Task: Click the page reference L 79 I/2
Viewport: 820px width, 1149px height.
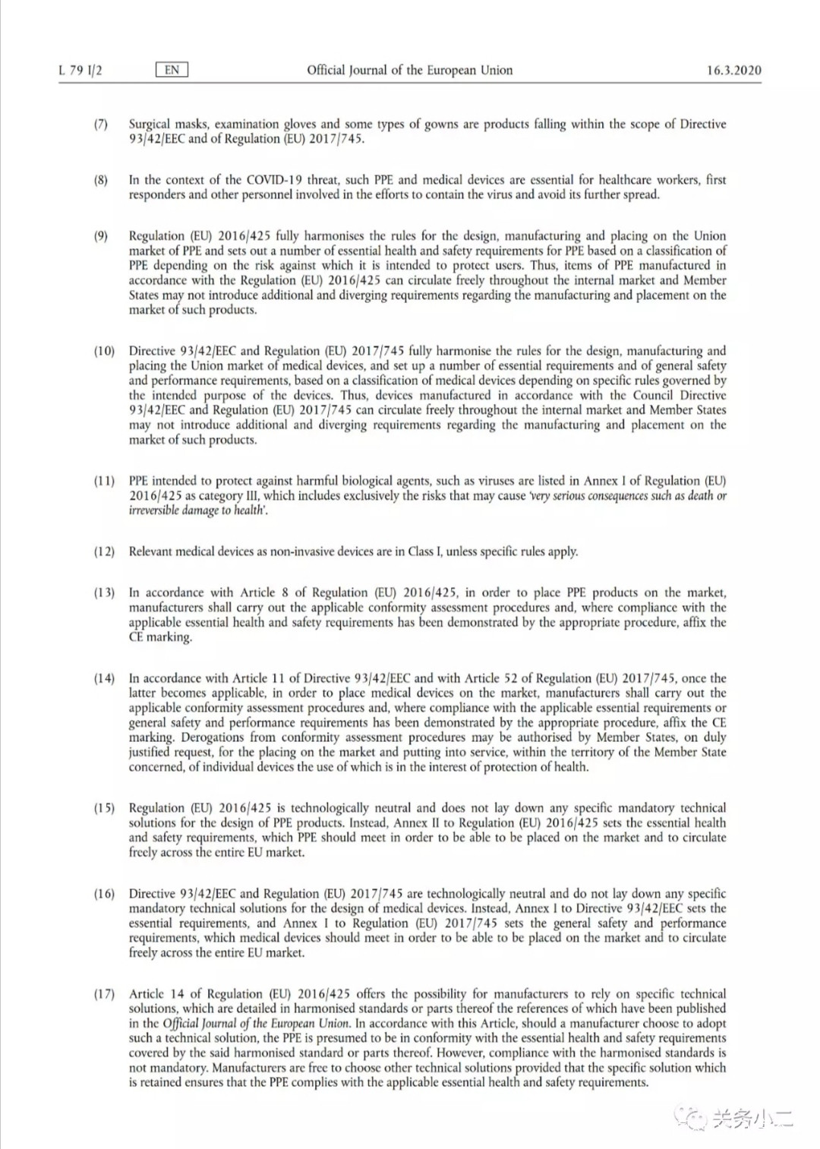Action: tap(80, 71)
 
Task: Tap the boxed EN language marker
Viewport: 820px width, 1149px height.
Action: tap(172, 70)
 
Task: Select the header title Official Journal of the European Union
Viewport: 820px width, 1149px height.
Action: tap(409, 70)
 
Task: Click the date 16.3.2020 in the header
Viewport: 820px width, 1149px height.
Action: tap(733, 71)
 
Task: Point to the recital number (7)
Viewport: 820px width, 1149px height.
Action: tap(101, 124)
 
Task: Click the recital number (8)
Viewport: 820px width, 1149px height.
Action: tap(101, 180)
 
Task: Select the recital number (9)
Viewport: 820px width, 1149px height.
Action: tap(101, 236)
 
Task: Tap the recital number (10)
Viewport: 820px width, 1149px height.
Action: tap(104, 351)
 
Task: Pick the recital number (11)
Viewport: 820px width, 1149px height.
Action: tap(104, 481)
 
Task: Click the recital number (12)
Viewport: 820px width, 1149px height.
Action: tap(104, 551)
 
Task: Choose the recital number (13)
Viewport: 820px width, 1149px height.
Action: tap(104, 592)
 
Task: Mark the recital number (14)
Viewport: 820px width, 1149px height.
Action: tap(104, 678)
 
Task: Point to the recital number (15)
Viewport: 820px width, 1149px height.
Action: tap(104, 808)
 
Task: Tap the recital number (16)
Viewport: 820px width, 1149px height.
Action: tap(104, 894)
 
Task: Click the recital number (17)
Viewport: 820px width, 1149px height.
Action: tap(104, 994)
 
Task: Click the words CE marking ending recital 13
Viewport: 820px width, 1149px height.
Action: tap(159, 637)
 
